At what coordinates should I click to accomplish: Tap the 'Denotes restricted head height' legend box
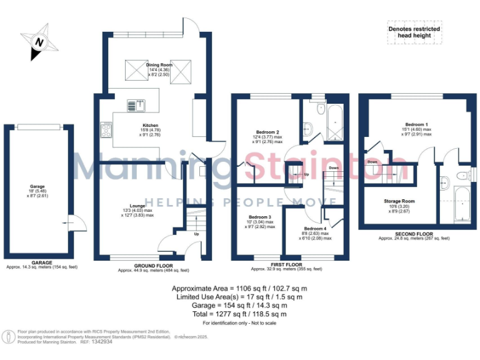414,32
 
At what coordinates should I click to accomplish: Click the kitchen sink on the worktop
135,105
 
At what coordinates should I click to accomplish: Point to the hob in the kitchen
105,130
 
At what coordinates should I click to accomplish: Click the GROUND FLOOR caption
153,266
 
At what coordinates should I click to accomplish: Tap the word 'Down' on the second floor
372,161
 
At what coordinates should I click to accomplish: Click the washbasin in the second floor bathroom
444,183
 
